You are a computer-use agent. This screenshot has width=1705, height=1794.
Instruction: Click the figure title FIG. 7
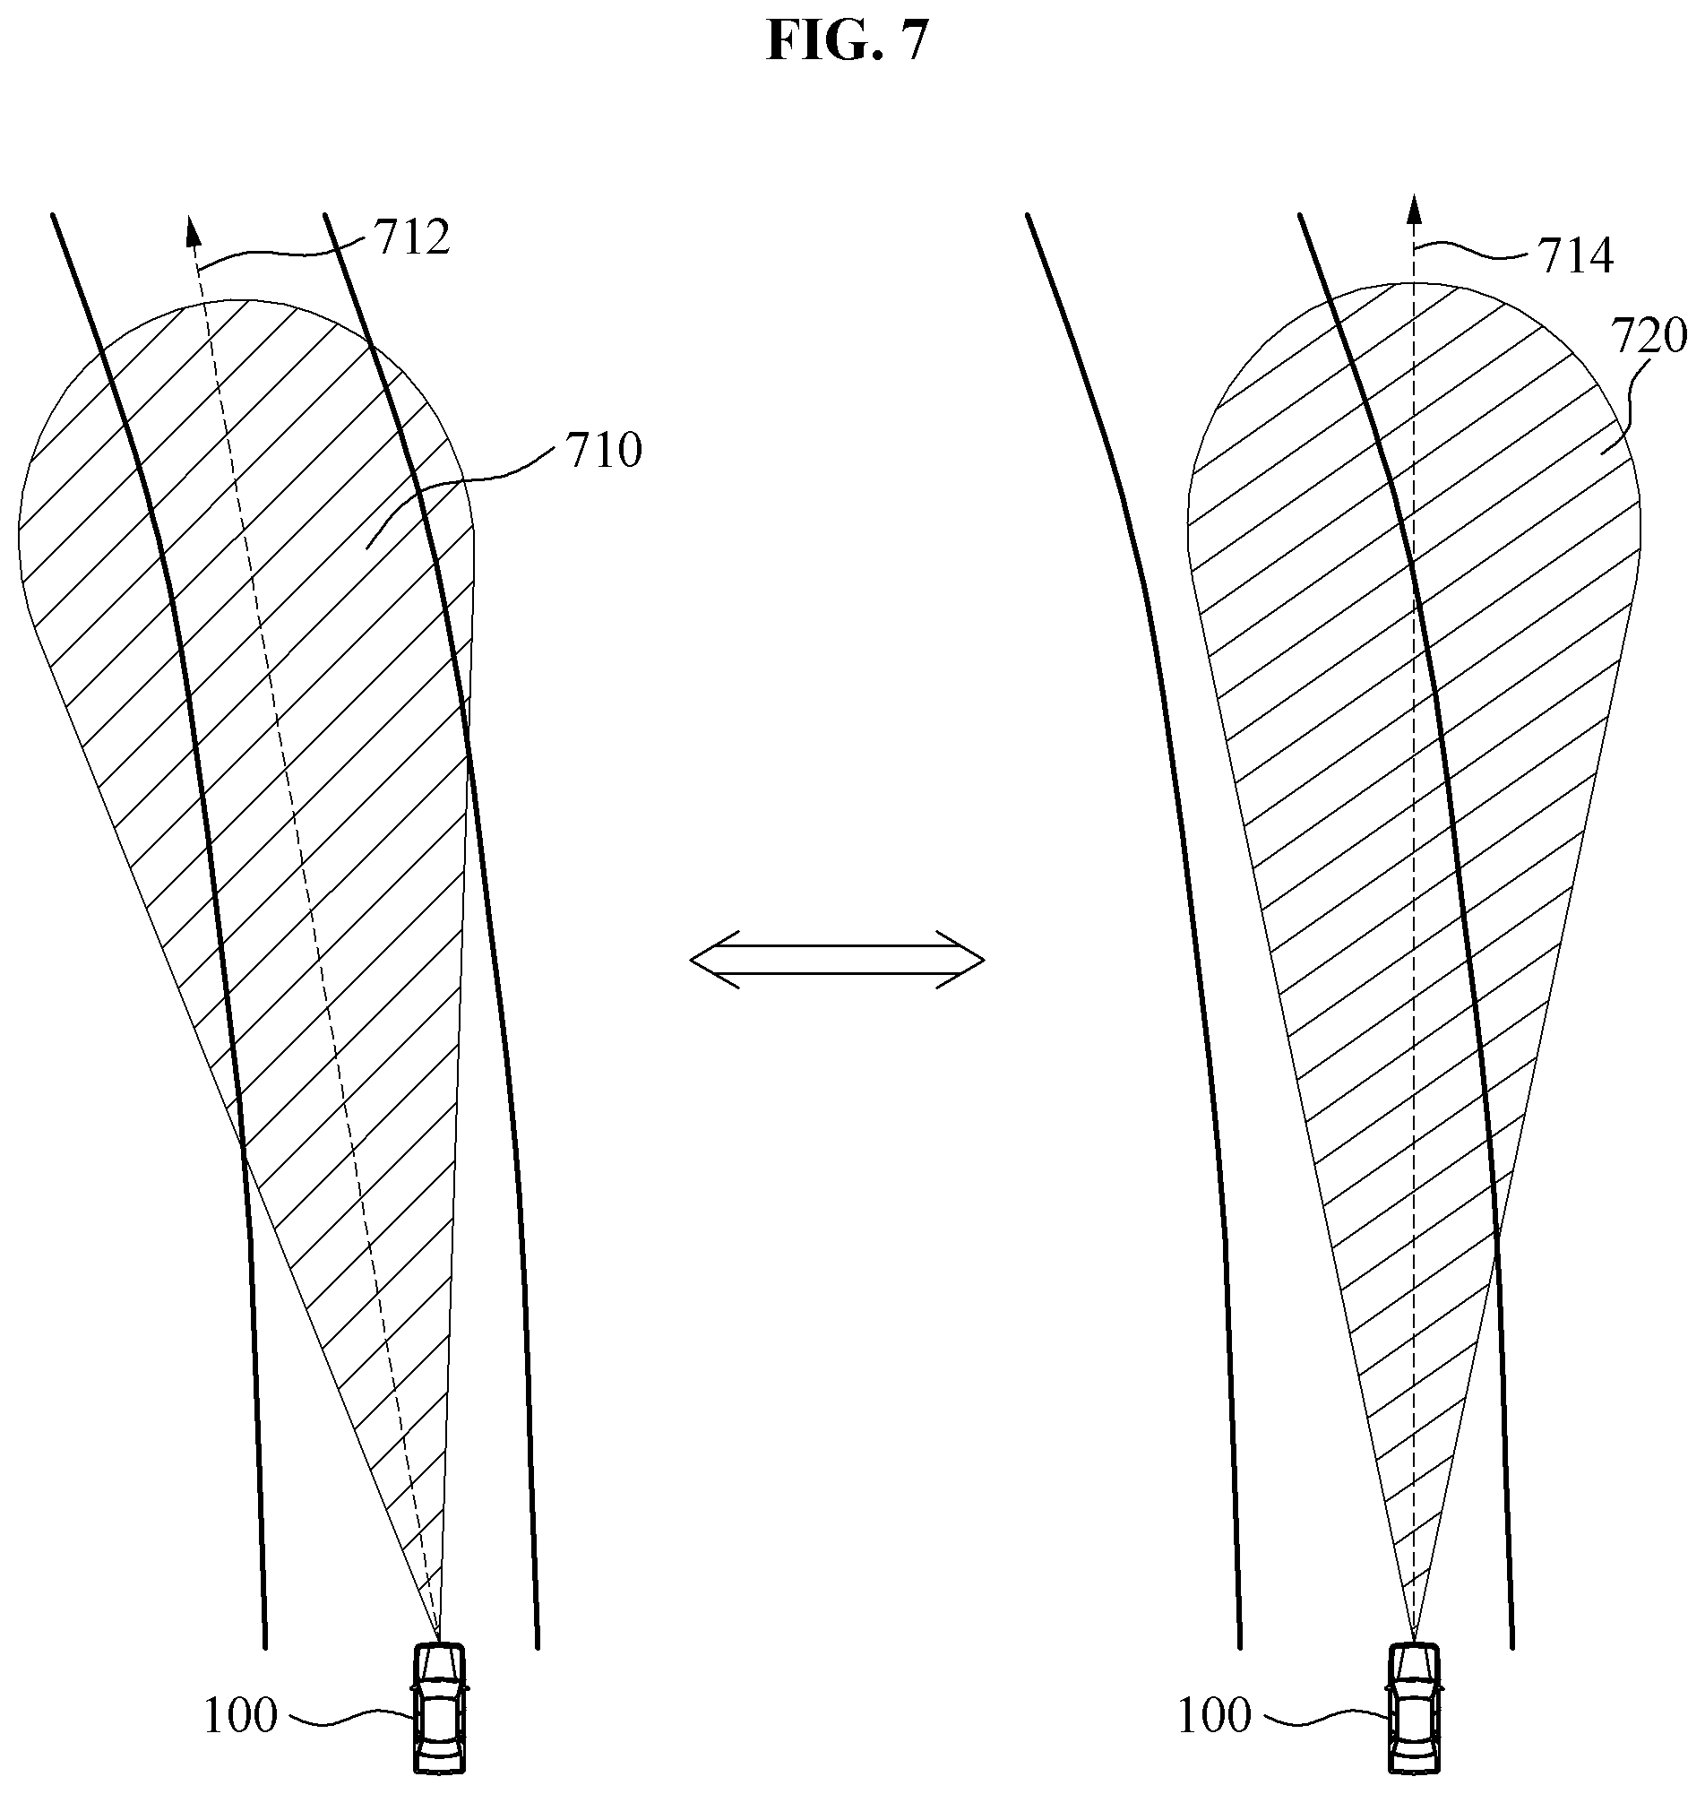click(847, 40)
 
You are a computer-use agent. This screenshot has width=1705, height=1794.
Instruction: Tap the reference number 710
click(605, 450)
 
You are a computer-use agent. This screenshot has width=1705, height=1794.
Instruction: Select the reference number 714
click(1575, 256)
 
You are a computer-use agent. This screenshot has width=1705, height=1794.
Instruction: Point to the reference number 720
click(1649, 336)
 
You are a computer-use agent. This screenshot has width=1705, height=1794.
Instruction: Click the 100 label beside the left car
click(240, 1716)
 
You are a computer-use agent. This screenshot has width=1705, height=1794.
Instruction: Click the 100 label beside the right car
click(1214, 1716)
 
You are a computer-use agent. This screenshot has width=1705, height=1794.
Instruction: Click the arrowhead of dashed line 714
click(1413, 209)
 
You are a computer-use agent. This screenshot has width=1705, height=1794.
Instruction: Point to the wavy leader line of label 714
click(1472, 251)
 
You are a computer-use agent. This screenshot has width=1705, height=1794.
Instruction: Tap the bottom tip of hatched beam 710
click(439, 1642)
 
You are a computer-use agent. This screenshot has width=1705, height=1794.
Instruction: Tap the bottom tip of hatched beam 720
click(1413, 1642)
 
